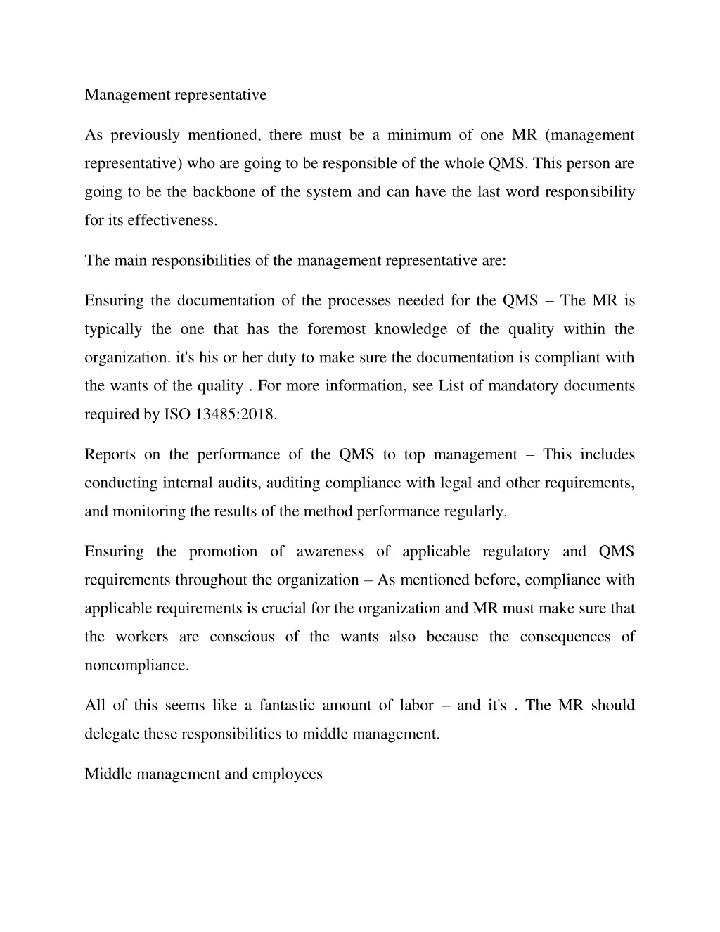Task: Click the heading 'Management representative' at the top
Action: (176, 95)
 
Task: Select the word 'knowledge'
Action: (411, 329)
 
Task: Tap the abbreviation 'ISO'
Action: (177, 414)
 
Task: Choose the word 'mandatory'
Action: (521, 386)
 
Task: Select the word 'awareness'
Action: (330, 551)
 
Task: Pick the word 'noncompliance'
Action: (136, 665)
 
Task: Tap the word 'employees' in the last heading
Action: (287, 774)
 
